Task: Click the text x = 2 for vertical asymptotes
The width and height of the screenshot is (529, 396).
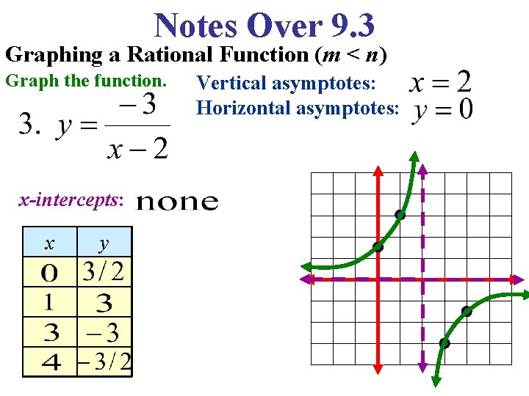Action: pyautogui.click(x=440, y=81)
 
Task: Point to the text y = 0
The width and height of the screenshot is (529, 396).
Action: pyautogui.click(x=443, y=111)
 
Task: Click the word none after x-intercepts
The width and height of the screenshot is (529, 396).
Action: pyautogui.click(x=178, y=202)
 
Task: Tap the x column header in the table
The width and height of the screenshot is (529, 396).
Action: pyautogui.click(x=49, y=243)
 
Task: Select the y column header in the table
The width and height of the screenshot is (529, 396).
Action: pyautogui.click(x=104, y=243)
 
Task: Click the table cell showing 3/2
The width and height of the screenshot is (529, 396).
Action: pyautogui.click(x=103, y=273)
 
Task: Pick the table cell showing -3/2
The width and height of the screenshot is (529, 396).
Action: pyautogui.click(x=106, y=362)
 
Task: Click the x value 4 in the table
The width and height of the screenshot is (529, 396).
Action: pyautogui.click(x=51, y=362)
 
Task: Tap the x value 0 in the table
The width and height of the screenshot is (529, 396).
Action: pyautogui.click(x=49, y=274)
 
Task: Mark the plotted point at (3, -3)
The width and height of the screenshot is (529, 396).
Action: pyautogui.click(x=445, y=343)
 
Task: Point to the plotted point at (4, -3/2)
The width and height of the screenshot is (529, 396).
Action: pyautogui.click(x=467, y=311)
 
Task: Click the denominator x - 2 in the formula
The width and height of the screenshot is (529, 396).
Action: pyautogui.click(x=137, y=148)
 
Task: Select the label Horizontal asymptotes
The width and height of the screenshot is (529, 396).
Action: pyautogui.click(x=298, y=109)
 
